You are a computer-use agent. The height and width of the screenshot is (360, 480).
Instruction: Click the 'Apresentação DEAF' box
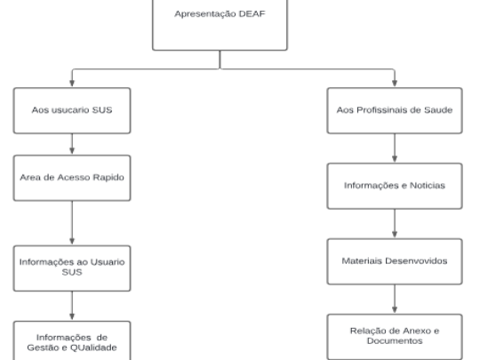[x=220, y=25]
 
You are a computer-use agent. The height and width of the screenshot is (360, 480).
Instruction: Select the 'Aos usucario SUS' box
[x=72, y=110]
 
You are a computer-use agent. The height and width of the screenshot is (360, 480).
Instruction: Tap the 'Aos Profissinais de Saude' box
[x=395, y=110]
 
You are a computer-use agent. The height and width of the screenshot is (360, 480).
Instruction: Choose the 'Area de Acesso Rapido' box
[x=72, y=178]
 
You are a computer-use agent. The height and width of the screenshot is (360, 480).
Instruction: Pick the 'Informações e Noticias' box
[x=395, y=186]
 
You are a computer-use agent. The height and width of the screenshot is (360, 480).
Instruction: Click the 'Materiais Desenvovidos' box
[x=395, y=261]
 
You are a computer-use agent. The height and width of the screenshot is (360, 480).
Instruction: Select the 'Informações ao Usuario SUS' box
[x=72, y=268]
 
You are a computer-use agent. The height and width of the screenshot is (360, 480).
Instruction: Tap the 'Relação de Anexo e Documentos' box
[x=395, y=337]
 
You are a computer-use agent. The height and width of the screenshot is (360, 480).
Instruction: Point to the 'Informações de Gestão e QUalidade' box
[x=72, y=340]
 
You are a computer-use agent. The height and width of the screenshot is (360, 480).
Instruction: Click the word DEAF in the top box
[x=252, y=13]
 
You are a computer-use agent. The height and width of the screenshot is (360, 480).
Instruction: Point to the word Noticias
[x=428, y=186]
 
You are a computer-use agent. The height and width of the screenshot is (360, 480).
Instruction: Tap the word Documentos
[x=395, y=340]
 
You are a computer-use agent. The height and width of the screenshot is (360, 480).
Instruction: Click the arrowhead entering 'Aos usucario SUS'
[x=72, y=83]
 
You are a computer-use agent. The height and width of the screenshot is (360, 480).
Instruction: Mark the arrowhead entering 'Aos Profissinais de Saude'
[x=395, y=83]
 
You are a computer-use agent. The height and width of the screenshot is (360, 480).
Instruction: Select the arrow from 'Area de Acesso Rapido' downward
[x=72, y=223]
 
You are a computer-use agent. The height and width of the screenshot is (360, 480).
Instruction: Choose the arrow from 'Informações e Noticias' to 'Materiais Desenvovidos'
[x=395, y=223]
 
